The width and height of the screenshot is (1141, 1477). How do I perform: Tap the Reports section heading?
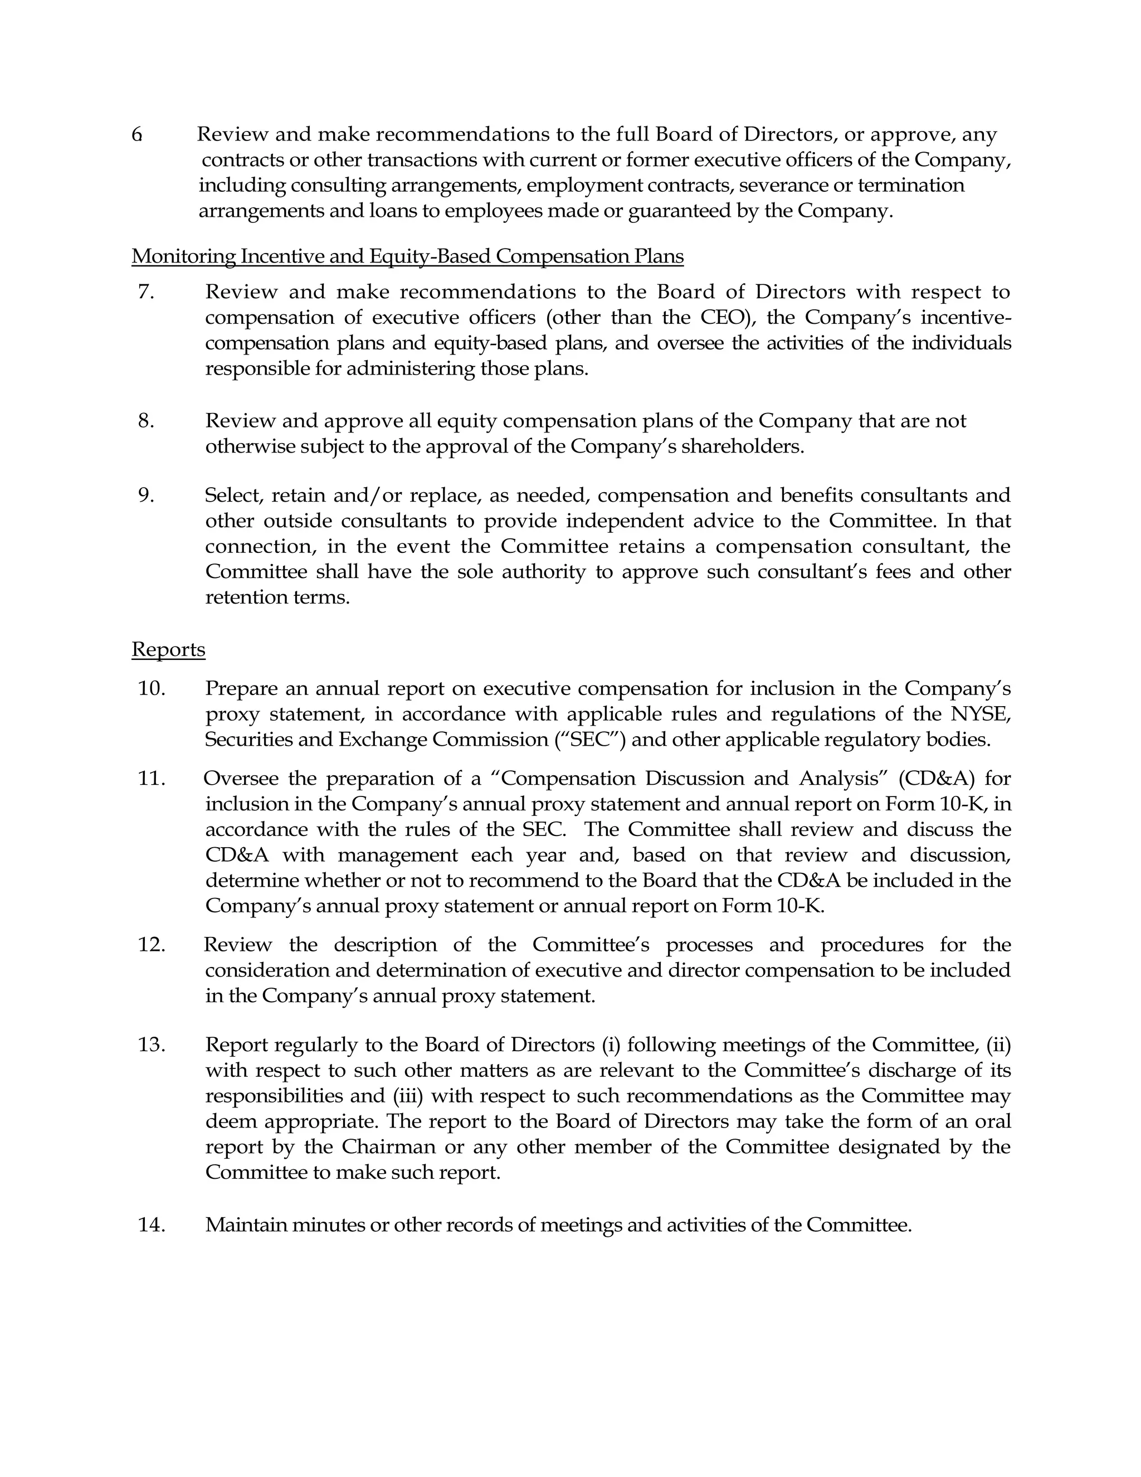coord(168,649)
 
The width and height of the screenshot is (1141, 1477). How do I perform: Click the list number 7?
coord(146,292)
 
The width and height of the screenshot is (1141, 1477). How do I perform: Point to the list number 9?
coord(146,495)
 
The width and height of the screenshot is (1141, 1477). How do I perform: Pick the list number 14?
coord(152,1225)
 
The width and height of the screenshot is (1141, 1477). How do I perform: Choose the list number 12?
coord(152,945)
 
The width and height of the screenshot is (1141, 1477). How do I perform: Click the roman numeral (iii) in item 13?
coord(408,1096)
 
